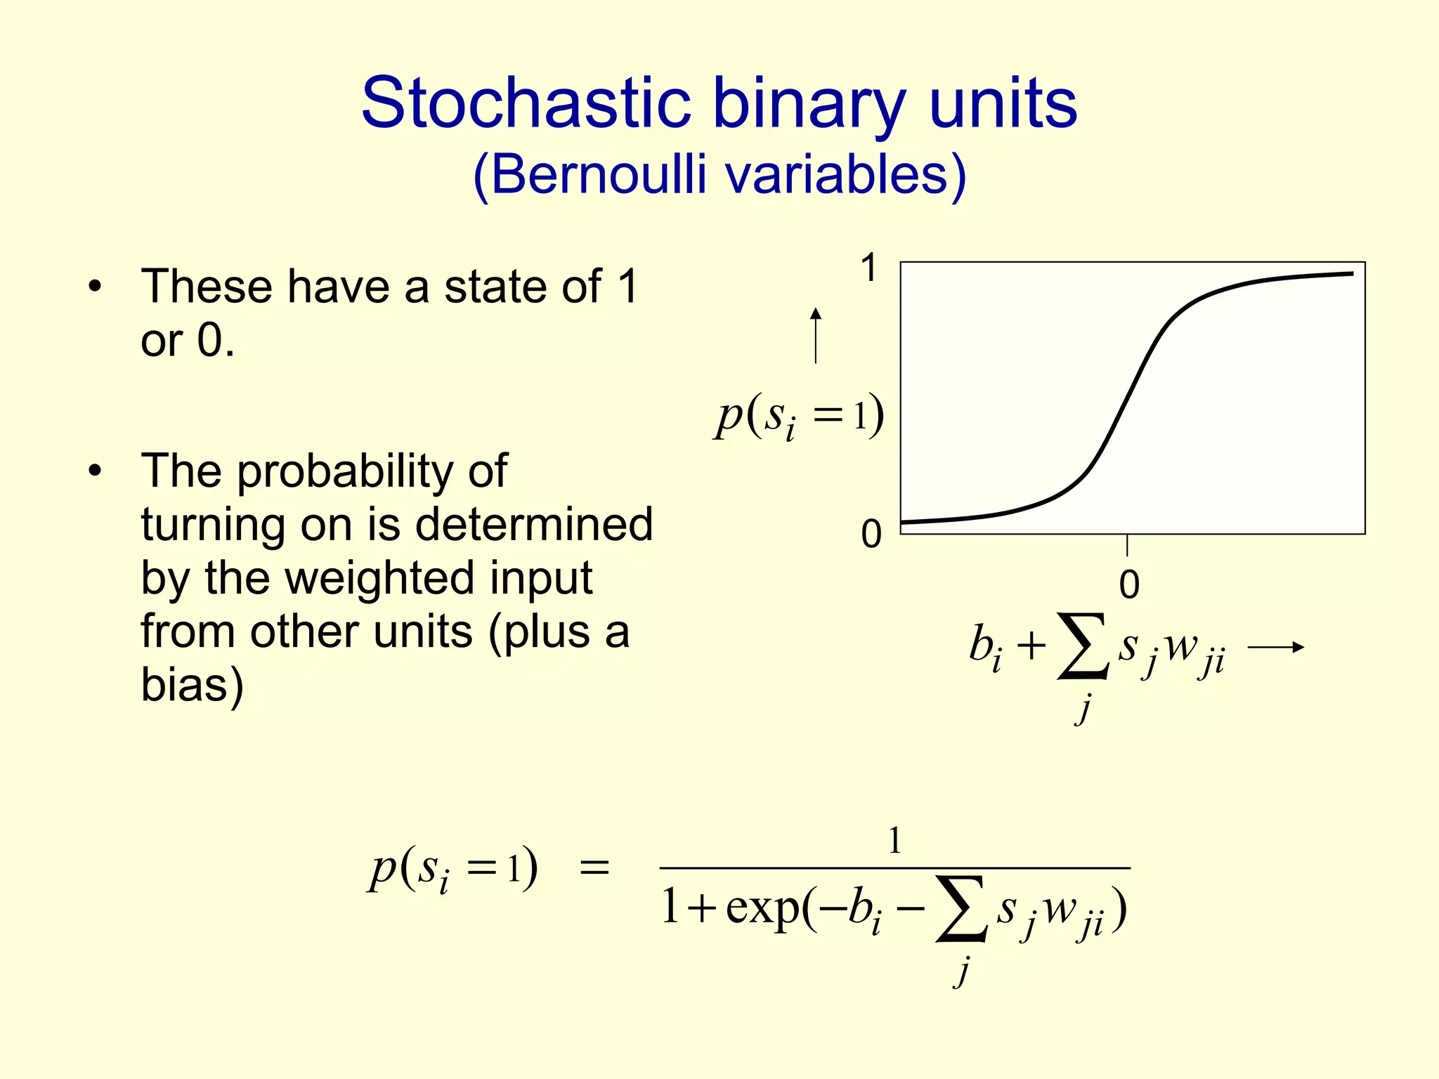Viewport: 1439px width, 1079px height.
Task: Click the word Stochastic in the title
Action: point(526,104)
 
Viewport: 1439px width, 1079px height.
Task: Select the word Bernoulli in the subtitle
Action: point(598,175)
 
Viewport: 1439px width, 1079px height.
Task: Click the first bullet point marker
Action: point(95,287)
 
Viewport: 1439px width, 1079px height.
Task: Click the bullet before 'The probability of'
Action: point(95,471)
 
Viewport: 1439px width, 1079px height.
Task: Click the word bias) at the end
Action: point(192,684)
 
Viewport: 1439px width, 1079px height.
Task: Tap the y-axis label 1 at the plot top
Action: point(870,268)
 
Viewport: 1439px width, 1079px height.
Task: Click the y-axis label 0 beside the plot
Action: point(871,534)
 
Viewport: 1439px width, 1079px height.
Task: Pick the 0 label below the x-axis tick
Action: point(1128,584)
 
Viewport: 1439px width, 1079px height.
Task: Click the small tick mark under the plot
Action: point(1127,545)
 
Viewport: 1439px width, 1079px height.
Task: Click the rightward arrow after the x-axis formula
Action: point(1275,647)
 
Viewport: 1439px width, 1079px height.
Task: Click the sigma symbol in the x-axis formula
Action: point(1083,647)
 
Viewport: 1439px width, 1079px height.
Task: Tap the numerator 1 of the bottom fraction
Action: point(894,840)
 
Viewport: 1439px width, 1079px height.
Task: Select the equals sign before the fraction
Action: point(594,869)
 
